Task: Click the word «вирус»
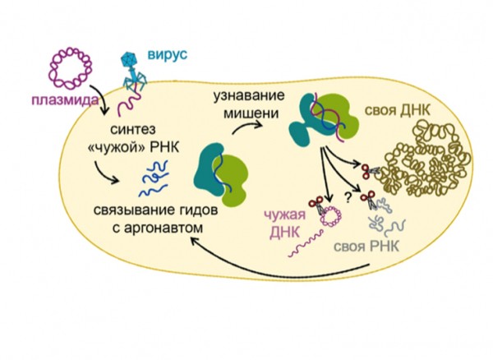click(x=168, y=55)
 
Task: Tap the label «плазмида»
click(x=65, y=100)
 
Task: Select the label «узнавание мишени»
click(x=249, y=104)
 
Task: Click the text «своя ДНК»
click(x=398, y=111)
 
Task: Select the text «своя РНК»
click(x=366, y=247)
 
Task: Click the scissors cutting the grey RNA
click(x=369, y=200)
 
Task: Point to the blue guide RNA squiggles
click(x=154, y=178)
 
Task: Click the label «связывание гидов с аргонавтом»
click(x=156, y=219)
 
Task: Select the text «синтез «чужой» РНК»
click(x=134, y=138)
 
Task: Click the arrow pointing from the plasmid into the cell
click(x=101, y=98)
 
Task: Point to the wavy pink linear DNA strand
click(x=306, y=243)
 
